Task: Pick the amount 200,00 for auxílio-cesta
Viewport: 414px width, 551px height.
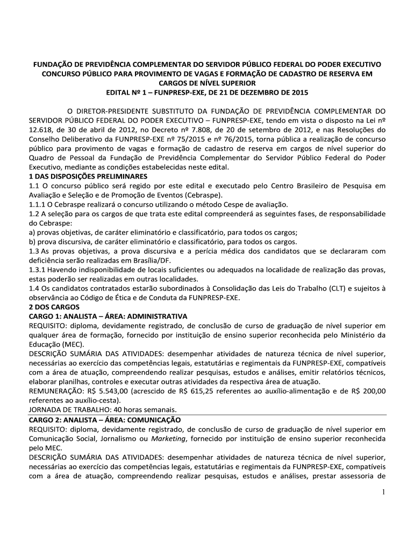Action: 372,391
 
